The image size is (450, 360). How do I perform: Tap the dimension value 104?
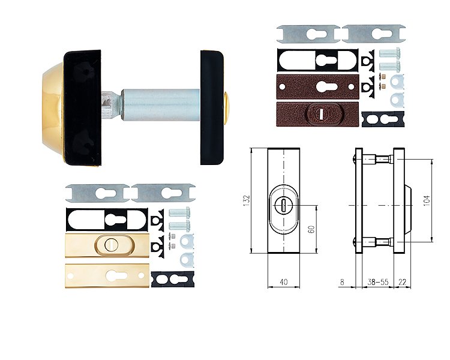click(427, 200)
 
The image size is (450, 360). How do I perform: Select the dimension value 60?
click(311, 229)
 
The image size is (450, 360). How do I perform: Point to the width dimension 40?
click(284, 282)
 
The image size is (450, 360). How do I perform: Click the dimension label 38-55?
click(378, 282)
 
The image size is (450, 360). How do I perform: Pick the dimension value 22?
click(403, 282)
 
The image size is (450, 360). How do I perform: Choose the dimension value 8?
click(342, 282)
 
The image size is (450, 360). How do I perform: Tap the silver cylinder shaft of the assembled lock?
click(160, 105)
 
